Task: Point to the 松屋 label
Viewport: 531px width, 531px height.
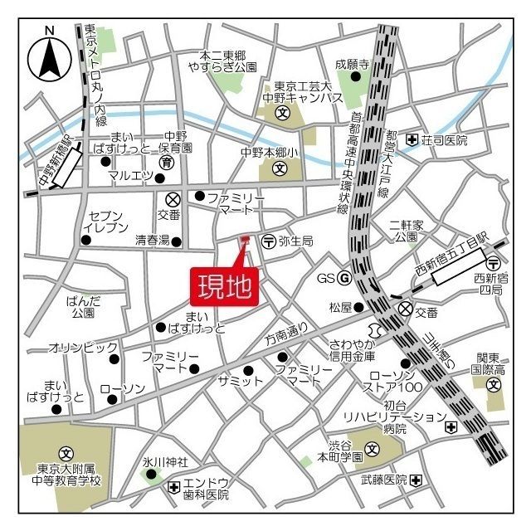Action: click(340, 307)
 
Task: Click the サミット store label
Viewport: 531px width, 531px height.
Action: click(240, 381)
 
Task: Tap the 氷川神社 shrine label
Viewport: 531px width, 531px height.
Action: click(165, 461)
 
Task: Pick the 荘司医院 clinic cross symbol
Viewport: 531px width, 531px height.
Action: click(412, 140)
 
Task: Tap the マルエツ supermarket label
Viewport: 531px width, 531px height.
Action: click(131, 175)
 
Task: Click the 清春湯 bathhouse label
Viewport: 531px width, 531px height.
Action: click(152, 241)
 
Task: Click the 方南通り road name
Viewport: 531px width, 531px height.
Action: click(286, 334)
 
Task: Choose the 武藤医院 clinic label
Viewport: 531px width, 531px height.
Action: click(383, 480)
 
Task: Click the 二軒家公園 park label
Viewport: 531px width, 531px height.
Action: click(407, 231)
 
